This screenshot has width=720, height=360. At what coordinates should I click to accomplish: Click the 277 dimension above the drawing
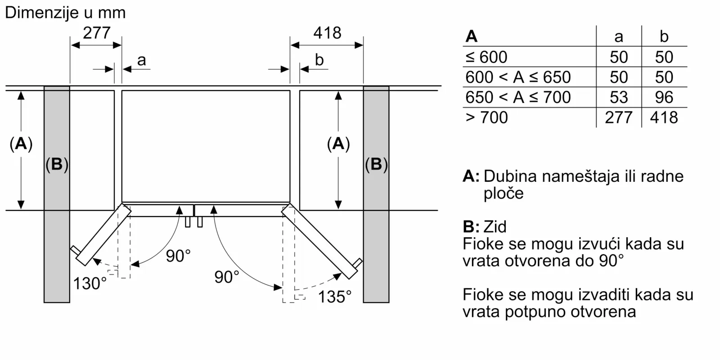[96, 33]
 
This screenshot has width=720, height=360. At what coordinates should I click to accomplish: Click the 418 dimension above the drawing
[327, 33]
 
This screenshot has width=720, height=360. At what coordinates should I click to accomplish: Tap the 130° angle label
[90, 283]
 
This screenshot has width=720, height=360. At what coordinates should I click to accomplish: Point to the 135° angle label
[334, 297]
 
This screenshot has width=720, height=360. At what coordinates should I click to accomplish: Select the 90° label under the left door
[178, 256]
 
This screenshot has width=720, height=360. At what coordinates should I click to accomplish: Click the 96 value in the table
[664, 97]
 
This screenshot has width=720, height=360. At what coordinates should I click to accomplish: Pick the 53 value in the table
[619, 97]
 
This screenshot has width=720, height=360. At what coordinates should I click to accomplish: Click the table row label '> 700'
[487, 117]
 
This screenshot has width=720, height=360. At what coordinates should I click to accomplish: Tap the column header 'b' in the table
[664, 37]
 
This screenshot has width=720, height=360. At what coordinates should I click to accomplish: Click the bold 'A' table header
[472, 36]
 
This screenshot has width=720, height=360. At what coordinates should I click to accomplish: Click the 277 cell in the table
[619, 117]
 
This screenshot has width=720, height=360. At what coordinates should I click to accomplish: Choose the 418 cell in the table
[664, 117]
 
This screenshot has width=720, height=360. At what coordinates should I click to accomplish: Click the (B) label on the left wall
[57, 164]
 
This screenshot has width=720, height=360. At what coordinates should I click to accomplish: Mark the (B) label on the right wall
[376, 164]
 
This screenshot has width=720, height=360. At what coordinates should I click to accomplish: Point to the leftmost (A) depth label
[21, 144]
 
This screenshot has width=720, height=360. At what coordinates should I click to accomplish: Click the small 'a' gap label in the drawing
[141, 60]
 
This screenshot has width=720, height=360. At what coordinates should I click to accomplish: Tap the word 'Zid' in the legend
[495, 226]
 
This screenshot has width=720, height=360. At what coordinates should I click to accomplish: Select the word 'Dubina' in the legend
[510, 176]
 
